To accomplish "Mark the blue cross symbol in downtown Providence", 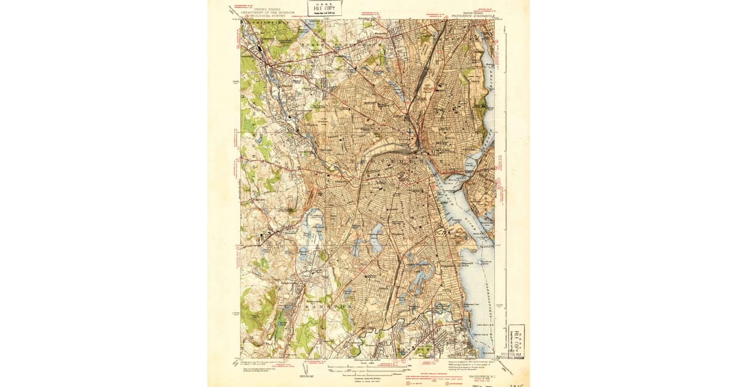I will (411, 131).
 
